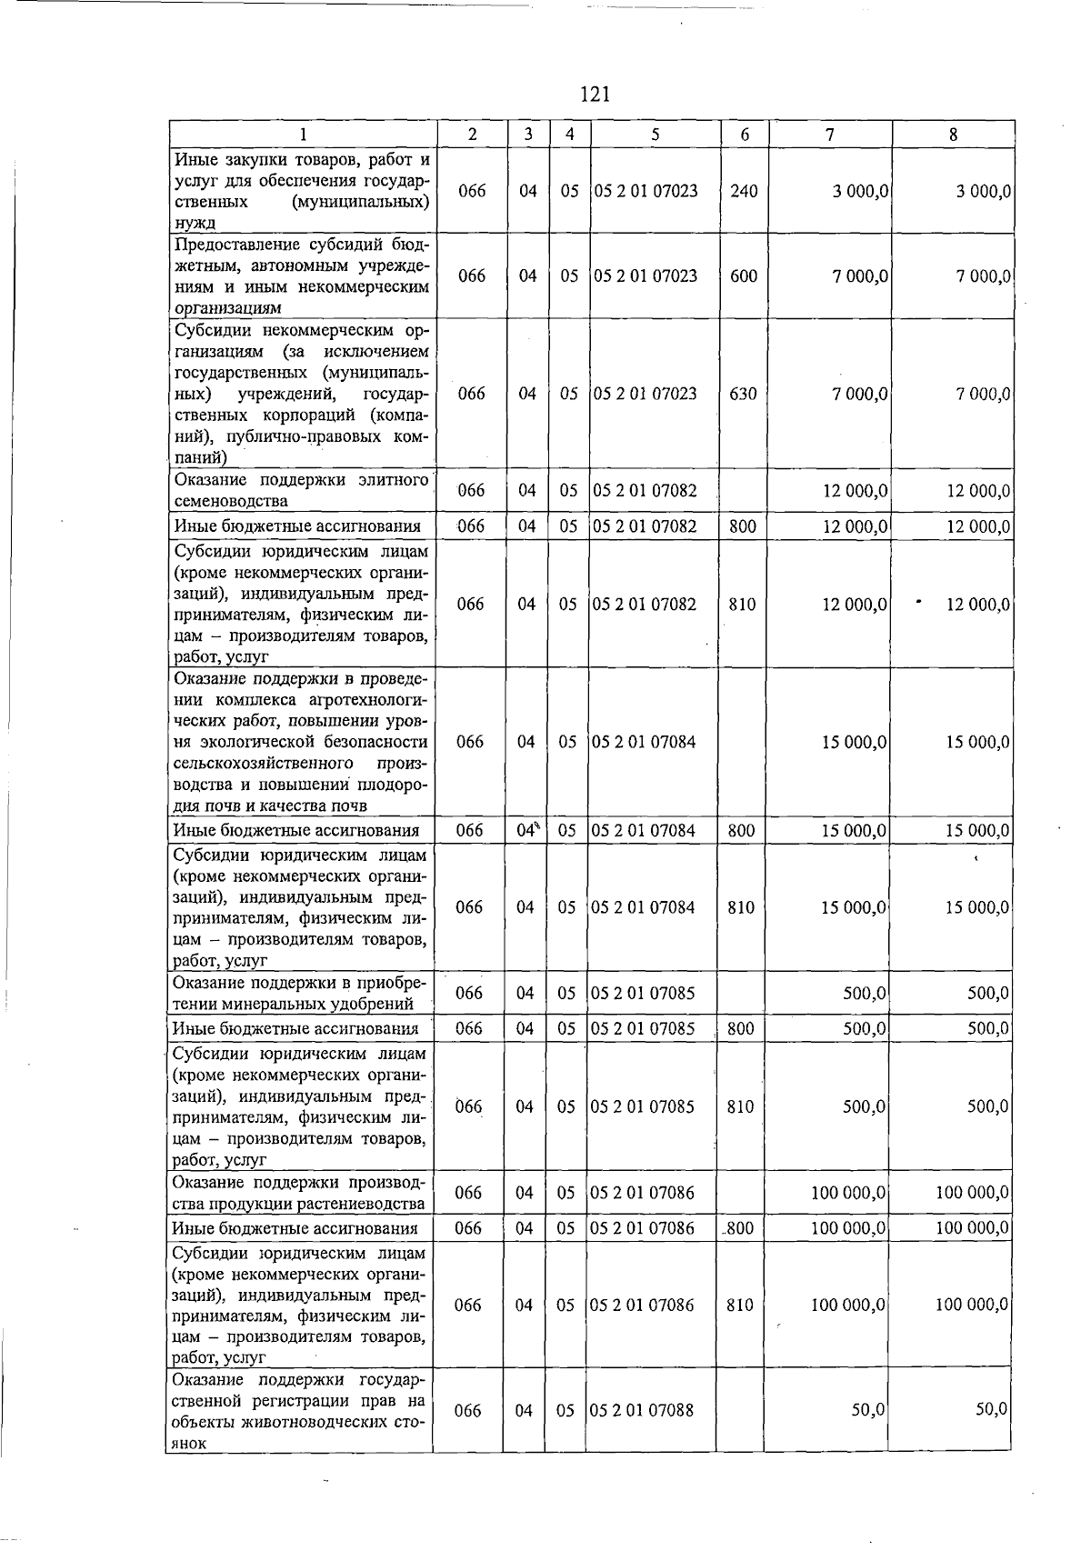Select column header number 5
(x=655, y=135)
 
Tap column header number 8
(x=952, y=135)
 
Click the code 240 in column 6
(x=744, y=191)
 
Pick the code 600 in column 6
(x=744, y=275)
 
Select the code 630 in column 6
(x=743, y=394)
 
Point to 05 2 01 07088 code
(x=643, y=1410)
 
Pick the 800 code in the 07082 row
(x=743, y=525)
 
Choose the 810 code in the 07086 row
(x=740, y=1305)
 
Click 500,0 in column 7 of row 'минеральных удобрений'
(x=865, y=994)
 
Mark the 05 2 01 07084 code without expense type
(x=644, y=742)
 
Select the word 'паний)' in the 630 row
(x=200, y=458)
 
